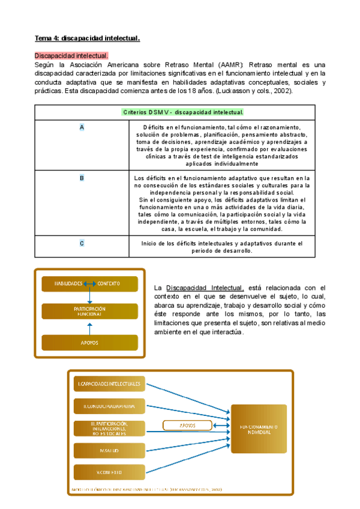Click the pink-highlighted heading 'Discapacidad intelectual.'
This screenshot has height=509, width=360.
pos(71,56)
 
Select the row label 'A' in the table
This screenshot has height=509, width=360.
pos(82,127)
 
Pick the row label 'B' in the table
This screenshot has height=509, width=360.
pos(82,178)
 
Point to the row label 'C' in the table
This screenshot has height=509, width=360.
pos(82,243)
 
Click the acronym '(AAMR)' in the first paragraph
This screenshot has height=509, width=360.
pos(229,65)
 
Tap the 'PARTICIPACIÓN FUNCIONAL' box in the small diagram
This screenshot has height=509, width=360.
pos(89,311)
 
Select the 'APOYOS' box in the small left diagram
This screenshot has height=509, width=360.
pos(89,343)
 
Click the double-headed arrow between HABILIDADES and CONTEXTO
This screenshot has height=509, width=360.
pos(89,283)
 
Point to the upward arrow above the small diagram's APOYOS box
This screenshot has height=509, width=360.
pos(89,327)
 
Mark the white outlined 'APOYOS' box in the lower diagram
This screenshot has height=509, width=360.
pos(188,426)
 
